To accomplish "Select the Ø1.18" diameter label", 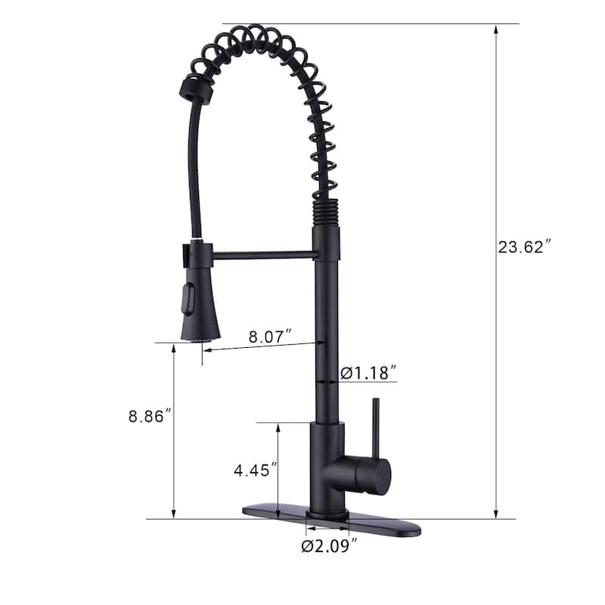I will click(368, 372).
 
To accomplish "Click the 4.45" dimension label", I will click(250, 469).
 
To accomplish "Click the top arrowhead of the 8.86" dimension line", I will click(174, 349).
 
